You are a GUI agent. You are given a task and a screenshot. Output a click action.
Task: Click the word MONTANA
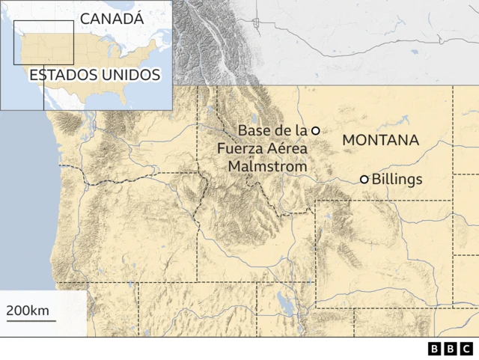380,140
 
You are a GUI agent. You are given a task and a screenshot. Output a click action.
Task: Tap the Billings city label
397,180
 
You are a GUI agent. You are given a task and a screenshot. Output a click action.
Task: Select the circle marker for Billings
364,180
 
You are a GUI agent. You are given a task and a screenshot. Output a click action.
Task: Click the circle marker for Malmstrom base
316,130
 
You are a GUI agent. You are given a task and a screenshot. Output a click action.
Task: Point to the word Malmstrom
268,165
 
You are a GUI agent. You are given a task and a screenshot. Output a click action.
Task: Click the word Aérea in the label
287,148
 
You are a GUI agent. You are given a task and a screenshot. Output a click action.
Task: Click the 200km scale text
28,311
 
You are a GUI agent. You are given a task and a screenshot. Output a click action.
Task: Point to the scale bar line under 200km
31,321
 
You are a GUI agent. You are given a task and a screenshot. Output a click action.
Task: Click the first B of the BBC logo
436,349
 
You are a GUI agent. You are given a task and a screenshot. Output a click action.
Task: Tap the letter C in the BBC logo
466,349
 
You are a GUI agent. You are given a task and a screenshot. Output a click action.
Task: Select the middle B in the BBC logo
451,349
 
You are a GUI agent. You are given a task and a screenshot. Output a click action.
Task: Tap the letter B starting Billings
376,180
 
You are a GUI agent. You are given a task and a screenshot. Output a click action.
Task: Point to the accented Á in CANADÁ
135,18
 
